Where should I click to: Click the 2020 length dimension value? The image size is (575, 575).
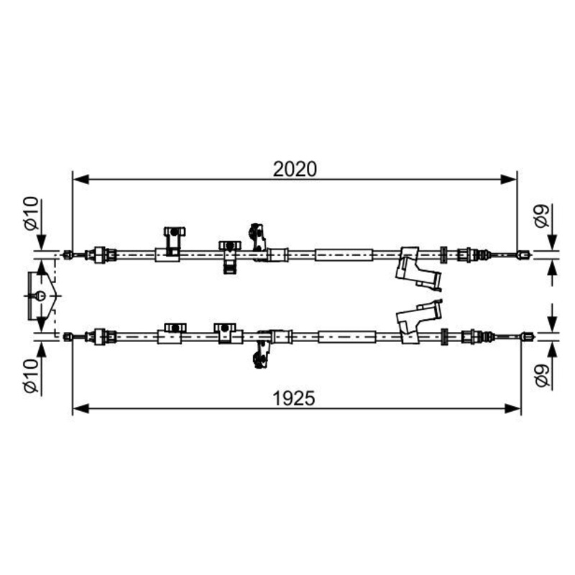[295, 170]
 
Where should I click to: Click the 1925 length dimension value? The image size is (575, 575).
[294, 398]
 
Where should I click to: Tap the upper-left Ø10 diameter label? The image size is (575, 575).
[32, 213]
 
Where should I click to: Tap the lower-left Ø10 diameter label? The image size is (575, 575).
[32, 375]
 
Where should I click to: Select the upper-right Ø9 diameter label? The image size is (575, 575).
[543, 216]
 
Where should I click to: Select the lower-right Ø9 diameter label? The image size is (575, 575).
[543, 375]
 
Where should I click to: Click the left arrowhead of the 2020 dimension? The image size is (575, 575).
[80, 179]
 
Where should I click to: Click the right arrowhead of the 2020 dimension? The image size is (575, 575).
[509, 179]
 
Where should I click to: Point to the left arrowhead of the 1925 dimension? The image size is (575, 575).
[80, 408]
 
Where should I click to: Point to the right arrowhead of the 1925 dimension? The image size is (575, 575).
[512, 408]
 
